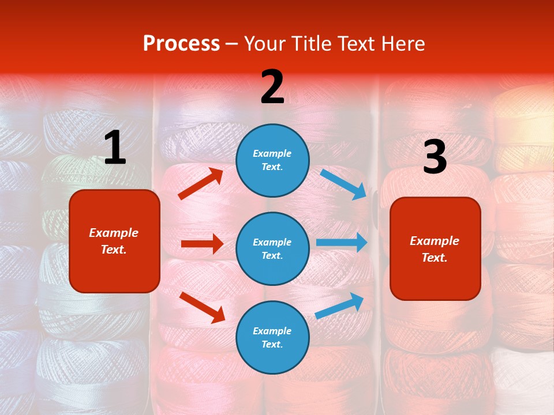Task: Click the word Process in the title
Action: pos(181,44)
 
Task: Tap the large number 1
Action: pos(115,148)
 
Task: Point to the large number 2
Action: pos(272,87)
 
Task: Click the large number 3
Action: pos(435,157)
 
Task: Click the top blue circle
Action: pos(272,160)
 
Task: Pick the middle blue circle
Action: pos(272,248)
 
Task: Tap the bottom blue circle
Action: pos(272,337)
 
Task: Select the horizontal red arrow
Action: pos(202,244)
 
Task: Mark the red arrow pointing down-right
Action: pos(202,307)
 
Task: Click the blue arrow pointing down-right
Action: pos(343,184)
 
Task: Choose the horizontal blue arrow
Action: pos(342,243)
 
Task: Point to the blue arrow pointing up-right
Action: pos(339,305)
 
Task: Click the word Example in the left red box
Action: pos(114,233)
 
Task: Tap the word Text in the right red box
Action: pos(435,258)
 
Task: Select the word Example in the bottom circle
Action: pos(272,331)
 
